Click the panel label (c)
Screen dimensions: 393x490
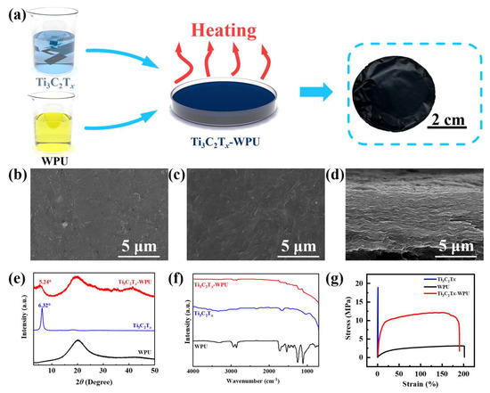point(177,170)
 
